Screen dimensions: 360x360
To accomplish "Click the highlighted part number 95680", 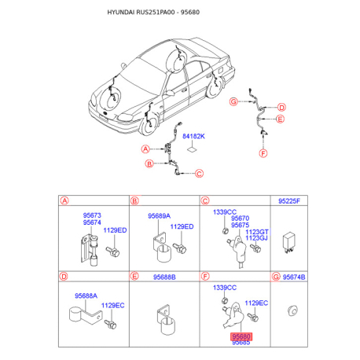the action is (x=241, y=336).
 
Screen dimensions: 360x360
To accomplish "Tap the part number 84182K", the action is (x=193, y=136).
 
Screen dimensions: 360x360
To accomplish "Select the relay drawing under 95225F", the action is (x=288, y=242).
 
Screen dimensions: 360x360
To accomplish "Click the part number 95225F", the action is (x=289, y=201).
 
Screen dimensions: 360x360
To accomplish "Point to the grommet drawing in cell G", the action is (x=292, y=310).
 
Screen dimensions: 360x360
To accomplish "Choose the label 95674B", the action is (x=294, y=277).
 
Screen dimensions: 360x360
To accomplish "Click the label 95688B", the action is (x=164, y=277).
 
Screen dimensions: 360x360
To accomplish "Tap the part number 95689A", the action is (x=159, y=216).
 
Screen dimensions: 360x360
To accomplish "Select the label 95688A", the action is (x=86, y=296).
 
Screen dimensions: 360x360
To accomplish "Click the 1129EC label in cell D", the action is (x=112, y=306).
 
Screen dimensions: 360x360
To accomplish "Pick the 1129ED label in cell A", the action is (x=115, y=230).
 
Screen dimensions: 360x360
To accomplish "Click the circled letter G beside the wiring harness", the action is (x=233, y=101).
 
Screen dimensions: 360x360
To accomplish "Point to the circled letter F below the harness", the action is (x=263, y=153).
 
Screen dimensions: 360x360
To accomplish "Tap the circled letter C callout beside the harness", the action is (x=199, y=174).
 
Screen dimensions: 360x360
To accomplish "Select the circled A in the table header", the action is (x=64, y=200).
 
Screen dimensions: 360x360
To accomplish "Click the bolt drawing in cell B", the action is (x=179, y=248).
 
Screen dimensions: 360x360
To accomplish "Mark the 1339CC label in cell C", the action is (x=225, y=212).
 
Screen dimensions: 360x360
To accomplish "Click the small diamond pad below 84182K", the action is (x=192, y=149).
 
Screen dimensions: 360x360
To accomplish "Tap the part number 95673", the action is (x=92, y=215).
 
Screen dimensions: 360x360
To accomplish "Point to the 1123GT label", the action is (x=257, y=232).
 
